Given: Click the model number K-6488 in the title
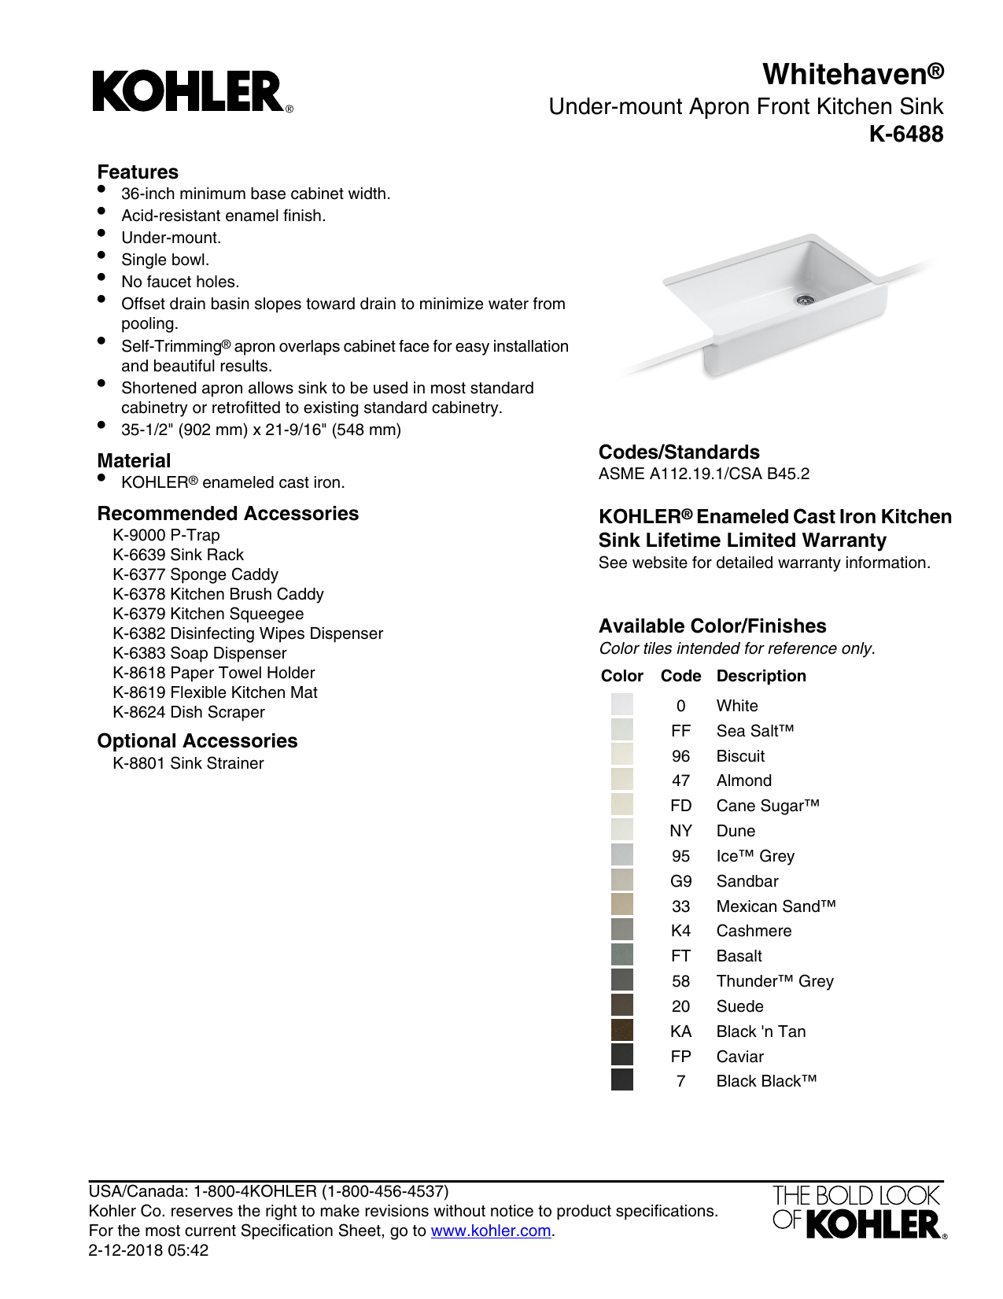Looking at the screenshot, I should click(905, 135).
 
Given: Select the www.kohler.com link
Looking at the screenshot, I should click(490, 1231).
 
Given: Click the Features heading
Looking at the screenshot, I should click(138, 172).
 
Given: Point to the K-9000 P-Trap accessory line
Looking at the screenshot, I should click(166, 535).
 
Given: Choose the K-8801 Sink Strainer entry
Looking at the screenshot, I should click(188, 763).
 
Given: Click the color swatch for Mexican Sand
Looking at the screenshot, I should click(621, 906).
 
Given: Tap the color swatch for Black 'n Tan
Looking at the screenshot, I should click(621, 1031).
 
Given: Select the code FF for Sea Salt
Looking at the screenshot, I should click(680, 731).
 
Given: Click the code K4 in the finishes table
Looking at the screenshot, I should click(680, 931).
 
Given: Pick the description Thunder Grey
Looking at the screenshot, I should click(774, 981).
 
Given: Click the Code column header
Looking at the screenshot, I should click(680, 676).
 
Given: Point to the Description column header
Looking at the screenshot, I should click(761, 676).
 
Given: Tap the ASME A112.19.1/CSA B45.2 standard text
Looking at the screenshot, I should click(703, 474).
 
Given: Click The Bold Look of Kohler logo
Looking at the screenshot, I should click(858, 1212).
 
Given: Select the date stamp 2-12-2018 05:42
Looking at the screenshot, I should click(149, 1250).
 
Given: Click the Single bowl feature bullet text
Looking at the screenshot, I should click(165, 260).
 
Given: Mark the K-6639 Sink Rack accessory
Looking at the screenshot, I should click(178, 555).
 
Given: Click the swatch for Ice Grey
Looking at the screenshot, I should click(621, 855).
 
